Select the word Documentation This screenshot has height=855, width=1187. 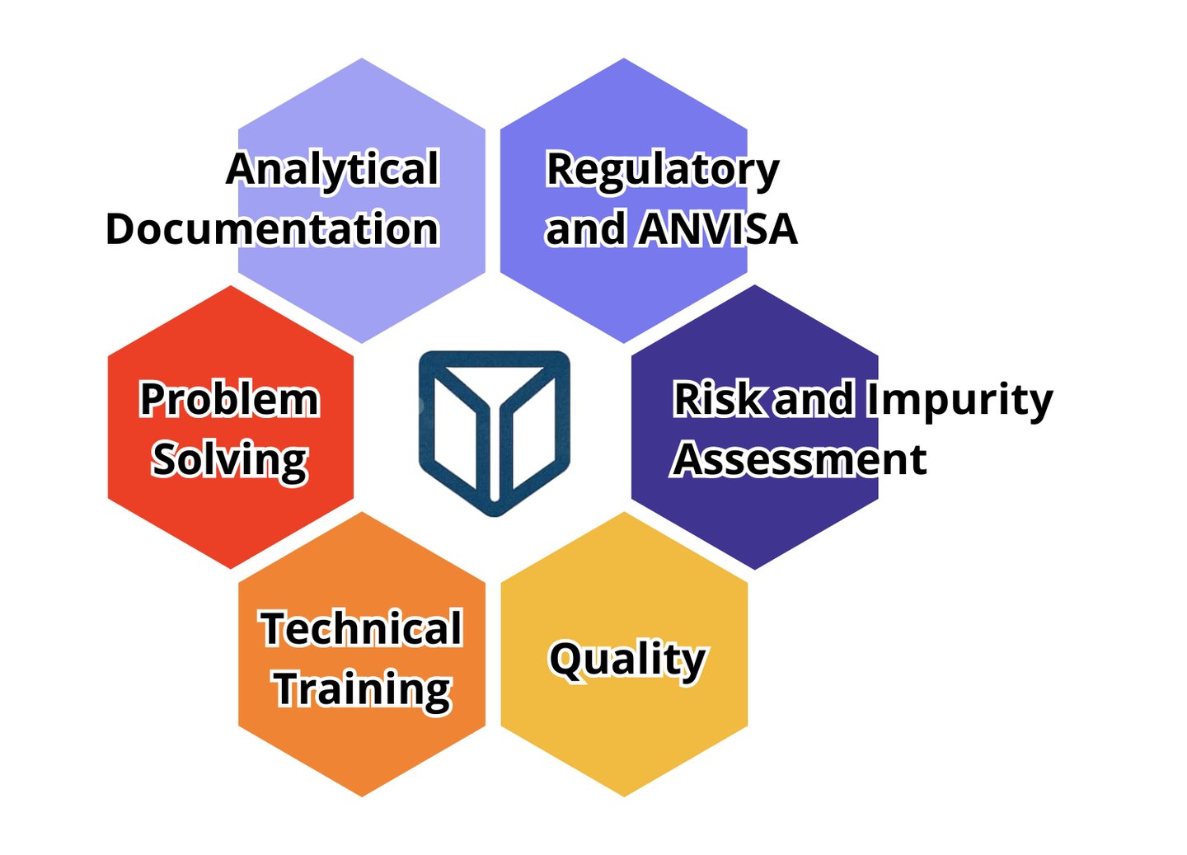click(272, 229)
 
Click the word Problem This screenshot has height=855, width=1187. click(229, 400)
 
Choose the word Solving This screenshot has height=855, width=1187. click(229, 460)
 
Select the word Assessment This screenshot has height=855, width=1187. click(800, 460)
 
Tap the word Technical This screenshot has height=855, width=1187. click(361, 629)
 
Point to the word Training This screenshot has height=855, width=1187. click(362, 689)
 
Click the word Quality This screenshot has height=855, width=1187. click(627, 660)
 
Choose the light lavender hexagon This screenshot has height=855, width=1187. click(361, 289)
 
